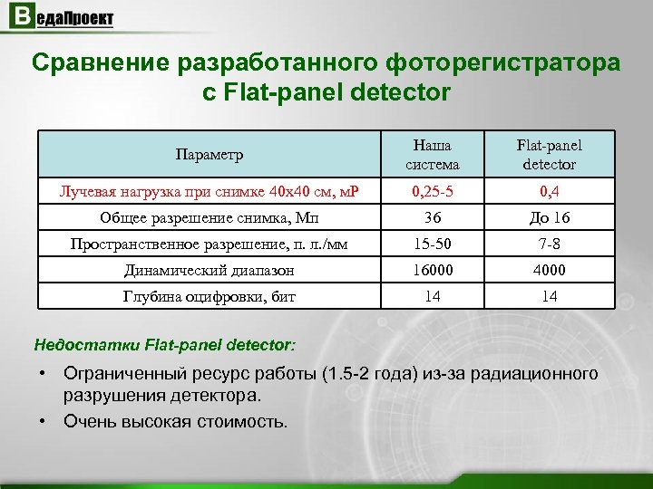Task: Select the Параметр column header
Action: pos(210,155)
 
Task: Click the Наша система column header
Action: pos(433,155)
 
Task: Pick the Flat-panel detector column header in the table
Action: pos(550,155)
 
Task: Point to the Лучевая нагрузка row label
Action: pos(210,192)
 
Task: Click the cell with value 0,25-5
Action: pos(433,192)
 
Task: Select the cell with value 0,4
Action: pos(550,192)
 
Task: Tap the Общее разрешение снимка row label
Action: pos(210,218)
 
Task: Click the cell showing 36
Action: pos(433,218)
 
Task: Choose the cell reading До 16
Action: pos(550,218)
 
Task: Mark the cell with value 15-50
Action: pos(433,244)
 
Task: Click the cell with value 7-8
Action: pos(550,244)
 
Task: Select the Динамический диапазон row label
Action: pos(210,270)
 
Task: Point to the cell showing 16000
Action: pos(433,270)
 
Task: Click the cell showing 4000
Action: pos(550,270)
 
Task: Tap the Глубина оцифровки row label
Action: pos(210,296)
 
